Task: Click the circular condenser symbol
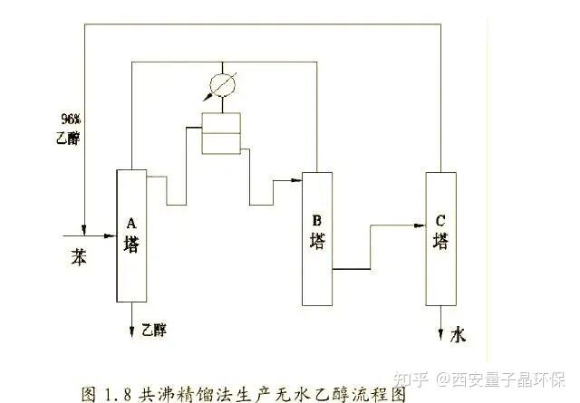tap(222, 85)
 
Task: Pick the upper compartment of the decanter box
tap(221, 123)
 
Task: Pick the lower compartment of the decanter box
tap(221, 143)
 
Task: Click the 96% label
tap(71, 119)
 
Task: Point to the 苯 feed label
tap(79, 256)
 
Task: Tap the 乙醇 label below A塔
tap(154, 330)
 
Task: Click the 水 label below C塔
tap(458, 335)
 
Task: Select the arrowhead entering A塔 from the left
tap(111, 235)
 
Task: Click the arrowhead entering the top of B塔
tap(296, 180)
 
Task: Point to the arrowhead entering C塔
tap(420, 225)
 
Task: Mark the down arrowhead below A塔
tap(131, 331)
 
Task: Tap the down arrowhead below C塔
tap(440, 334)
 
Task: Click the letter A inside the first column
tap(131, 224)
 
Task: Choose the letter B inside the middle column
tap(317, 221)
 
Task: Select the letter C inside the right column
tap(440, 221)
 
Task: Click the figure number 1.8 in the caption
tap(118, 395)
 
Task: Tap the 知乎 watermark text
tap(411, 379)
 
